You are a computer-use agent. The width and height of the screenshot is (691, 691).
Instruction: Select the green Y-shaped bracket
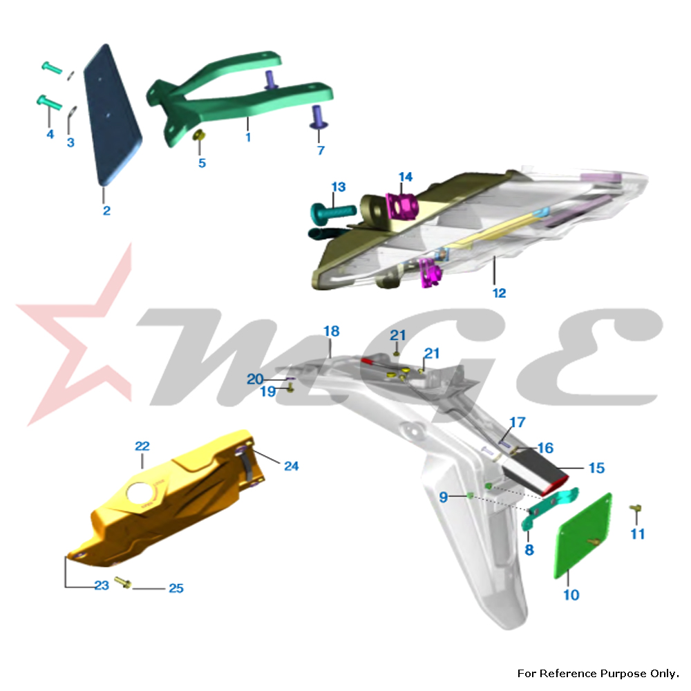click(239, 98)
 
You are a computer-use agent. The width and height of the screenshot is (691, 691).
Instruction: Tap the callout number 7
click(321, 150)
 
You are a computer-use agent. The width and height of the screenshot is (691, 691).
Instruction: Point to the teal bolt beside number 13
click(333, 211)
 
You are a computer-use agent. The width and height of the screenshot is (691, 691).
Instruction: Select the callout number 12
click(499, 293)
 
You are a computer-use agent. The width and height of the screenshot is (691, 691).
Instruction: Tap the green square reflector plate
click(583, 536)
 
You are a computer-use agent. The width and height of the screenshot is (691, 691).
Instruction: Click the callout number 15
click(597, 468)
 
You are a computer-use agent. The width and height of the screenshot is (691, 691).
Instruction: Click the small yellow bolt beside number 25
click(123, 582)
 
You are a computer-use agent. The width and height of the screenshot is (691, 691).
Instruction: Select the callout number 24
click(291, 466)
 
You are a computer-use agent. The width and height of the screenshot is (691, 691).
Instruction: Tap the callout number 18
click(332, 331)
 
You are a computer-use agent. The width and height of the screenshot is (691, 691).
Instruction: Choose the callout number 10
click(571, 595)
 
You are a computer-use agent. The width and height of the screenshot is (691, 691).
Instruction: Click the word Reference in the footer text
click(569, 673)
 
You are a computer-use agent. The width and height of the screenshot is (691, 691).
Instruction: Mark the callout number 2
click(106, 211)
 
